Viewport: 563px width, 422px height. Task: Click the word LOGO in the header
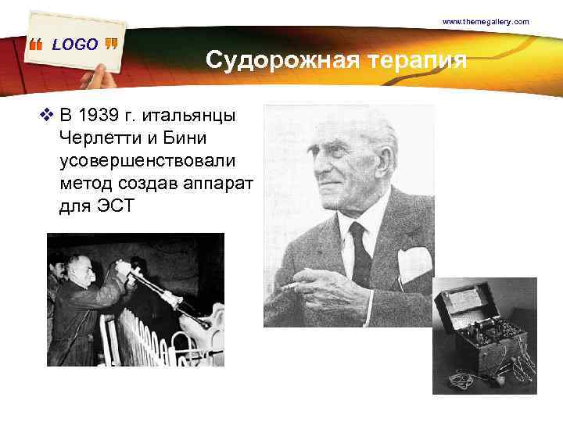[75, 45]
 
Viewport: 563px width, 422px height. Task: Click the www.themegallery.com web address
[486, 22]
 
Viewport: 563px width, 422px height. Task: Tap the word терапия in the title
[422, 60]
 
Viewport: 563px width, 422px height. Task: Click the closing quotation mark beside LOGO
[110, 44]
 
